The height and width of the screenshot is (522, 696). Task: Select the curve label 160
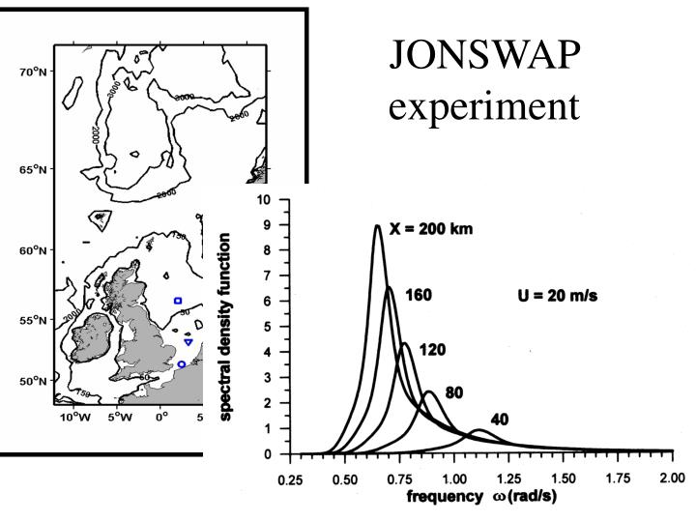coord(418,294)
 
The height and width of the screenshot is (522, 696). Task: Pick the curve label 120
coord(432,350)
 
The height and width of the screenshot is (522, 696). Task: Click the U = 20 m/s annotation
coord(558,295)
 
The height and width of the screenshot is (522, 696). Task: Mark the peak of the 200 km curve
coord(377,226)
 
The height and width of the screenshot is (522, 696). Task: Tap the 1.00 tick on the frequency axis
coord(453,478)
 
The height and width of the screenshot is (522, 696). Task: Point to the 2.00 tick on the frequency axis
coord(674,478)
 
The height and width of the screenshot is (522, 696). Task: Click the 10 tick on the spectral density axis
coord(276,201)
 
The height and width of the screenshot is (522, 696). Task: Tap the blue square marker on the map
coord(178,301)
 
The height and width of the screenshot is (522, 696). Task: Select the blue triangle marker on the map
coord(188,342)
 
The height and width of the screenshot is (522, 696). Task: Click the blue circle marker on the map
coord(182,364)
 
